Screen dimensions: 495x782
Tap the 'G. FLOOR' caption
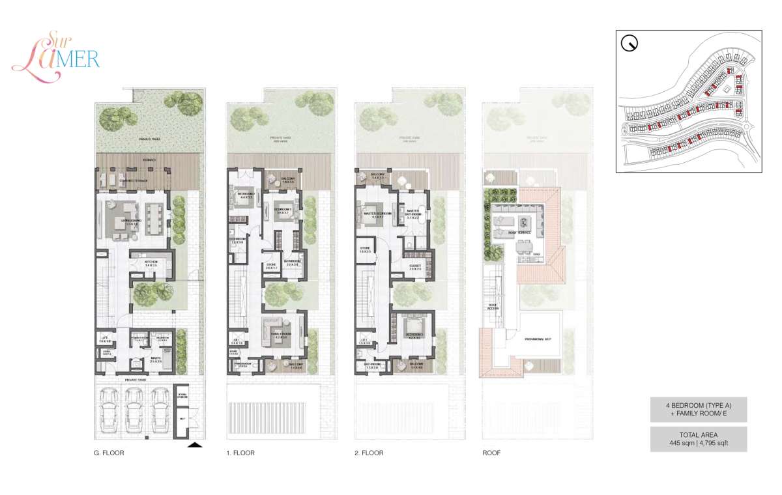click(x=109, y=453)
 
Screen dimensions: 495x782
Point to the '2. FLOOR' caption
click(x=369, y=453)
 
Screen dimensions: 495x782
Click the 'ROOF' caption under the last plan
click(x=491, y=453)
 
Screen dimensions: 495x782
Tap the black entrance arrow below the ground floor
click(x=194, y=445)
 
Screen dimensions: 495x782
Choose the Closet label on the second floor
click(x=416, y=266)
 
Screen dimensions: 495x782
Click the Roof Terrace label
click(x=520, y=232)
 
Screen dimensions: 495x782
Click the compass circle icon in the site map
click(x=630, y=44)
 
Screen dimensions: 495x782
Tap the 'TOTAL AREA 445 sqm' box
click(x=698, y=440)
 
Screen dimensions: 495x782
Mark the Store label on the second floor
click(x=364, y=249)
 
